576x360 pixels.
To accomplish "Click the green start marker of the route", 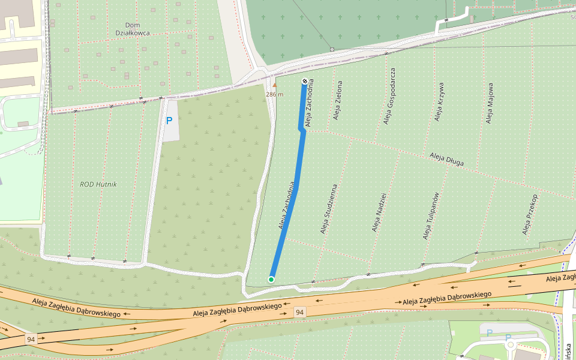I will click(x=271, y=280).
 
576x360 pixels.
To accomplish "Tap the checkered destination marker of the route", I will click(x=305, y=82).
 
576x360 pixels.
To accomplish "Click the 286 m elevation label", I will click(x=274, y=94).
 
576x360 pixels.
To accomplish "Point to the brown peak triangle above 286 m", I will click(x=275, y=85).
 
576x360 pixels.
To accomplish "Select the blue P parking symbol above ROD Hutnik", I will click(x=169, y=121).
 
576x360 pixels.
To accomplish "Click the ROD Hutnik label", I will click(x=98, y=184).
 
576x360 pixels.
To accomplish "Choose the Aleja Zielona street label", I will click(x=338, y=101).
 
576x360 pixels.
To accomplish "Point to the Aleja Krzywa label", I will click(x=440, y=101).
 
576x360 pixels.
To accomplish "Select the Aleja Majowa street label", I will click(x=490, y=103).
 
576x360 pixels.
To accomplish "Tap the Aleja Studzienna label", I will click(x=329, y=209).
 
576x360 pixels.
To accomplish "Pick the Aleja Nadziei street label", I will click(x=379, y=212).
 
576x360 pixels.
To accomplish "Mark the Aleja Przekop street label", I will click(x=530, y=214).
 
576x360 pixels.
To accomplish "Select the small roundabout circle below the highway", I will click(x=511, y=345).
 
